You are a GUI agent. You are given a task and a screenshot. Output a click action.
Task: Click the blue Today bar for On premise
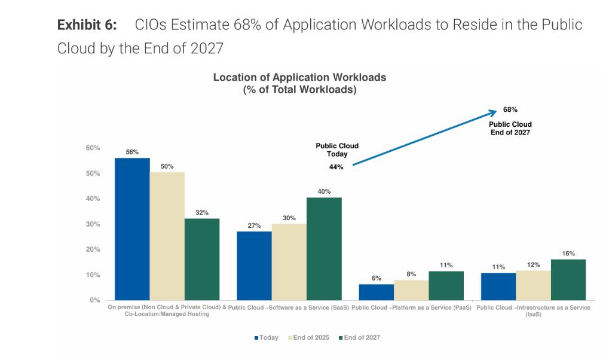[132, 229]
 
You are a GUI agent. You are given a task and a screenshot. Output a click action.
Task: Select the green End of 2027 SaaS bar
[324, 249]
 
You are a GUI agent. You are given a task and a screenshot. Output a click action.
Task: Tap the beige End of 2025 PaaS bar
[411, 290]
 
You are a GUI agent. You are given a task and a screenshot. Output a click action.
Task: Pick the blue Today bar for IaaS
[498, 286]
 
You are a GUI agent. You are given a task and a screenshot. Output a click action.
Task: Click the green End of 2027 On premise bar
[202, 259]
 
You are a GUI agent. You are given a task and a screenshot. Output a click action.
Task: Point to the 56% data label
[132, 152]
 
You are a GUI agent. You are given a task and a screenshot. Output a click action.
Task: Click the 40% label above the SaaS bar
[324, 191]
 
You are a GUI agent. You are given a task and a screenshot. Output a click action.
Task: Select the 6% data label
[377, 278]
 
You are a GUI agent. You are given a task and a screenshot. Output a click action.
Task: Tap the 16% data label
[568, 254]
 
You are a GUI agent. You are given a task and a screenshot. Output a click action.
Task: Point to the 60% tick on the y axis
[92, 148]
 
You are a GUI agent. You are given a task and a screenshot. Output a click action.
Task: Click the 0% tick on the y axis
[94, 300]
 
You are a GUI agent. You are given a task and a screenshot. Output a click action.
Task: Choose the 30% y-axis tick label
[92, 224]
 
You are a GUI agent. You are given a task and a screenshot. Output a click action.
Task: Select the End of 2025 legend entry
[310, 337]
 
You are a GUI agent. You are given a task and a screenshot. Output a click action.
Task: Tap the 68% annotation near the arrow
[510, 110]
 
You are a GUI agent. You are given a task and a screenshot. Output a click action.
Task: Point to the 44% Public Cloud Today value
[336, 167]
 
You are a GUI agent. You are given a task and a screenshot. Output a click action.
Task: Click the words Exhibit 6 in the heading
[87, 25]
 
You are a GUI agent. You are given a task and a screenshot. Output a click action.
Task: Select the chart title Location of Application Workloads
[299, 78]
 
